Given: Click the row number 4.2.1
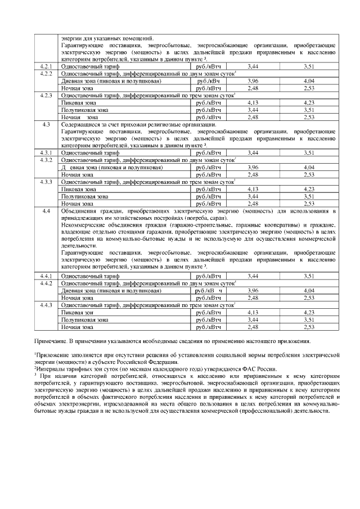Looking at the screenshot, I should [x=47, y=66].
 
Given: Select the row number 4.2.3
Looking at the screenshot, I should [x=47, y=96].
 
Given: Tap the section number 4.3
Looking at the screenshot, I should [x=47, y=124].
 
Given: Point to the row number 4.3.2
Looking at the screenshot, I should [x=47, y=160].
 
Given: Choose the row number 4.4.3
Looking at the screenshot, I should [x=47, y=304].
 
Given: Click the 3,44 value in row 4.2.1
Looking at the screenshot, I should [x=253, y=66].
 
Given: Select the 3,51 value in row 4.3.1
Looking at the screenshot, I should [x=309, y=152].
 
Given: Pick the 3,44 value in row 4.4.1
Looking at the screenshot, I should [x=253, y=276].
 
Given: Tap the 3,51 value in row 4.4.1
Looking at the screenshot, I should [x=309, y=276].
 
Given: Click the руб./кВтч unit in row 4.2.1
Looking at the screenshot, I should [x=208, y=66].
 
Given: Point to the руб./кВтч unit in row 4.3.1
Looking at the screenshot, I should [x=208, y=152].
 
